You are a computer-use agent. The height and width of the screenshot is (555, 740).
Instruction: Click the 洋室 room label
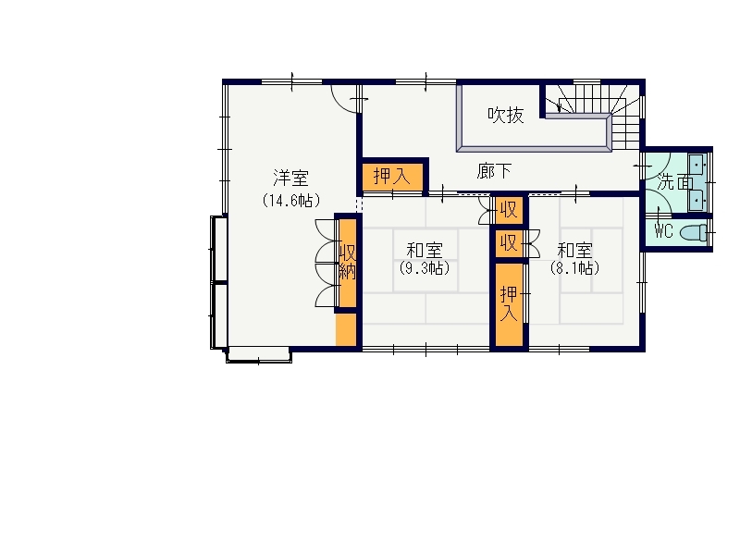point(290,178)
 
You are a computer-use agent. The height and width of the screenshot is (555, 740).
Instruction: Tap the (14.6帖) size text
point(291,201)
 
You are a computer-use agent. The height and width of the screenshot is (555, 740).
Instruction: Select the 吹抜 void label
point(505,115)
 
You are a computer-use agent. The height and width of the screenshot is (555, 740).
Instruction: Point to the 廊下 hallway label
point(494,171)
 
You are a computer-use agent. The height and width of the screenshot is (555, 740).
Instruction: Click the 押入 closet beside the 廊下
point(392,176)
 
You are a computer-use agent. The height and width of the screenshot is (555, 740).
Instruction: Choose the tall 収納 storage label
point(348,262)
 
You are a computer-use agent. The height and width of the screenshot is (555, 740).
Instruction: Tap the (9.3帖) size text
point(425,268)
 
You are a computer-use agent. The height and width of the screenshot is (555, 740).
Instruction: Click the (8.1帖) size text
point(574,268)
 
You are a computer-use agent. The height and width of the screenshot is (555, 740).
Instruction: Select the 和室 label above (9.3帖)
point(425,250)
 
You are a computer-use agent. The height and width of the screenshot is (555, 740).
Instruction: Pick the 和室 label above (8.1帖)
point(574,250)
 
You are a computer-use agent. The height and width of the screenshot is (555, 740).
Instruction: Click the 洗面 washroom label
point(675,181)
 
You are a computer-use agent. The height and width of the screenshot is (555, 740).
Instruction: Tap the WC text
point(663,231)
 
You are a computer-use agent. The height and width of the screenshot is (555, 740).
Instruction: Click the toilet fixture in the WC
point(693,233)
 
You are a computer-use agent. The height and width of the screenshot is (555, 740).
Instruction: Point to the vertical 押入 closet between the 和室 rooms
point(509,304)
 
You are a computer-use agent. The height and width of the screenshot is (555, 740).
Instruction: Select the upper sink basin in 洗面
point(697,166)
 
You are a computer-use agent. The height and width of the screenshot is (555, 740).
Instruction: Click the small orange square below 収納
point(345,329)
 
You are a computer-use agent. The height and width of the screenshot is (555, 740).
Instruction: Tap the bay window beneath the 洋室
point(259,355)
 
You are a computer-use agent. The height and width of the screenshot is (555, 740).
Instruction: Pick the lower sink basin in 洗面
point(697,200)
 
